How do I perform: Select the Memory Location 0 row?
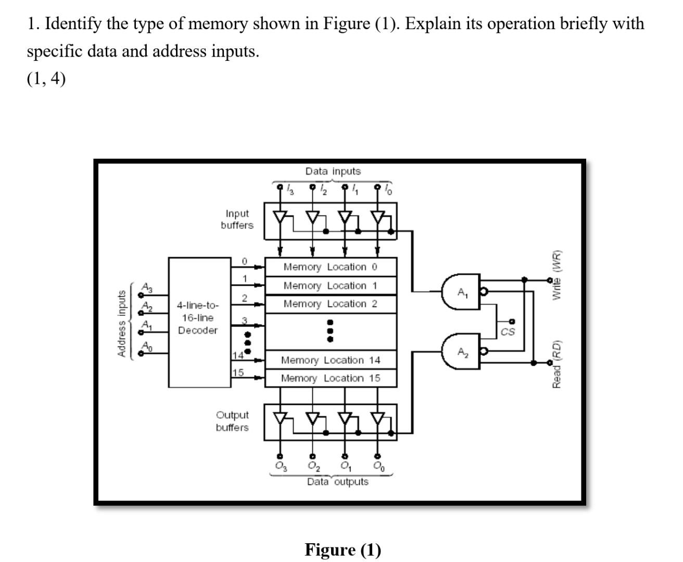[331, 267]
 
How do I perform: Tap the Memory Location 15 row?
[331, 378]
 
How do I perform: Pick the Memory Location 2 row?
[331, 304]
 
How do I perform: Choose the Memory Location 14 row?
[331, 360]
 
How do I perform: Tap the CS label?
[508, 331]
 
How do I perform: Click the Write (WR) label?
[557, 275]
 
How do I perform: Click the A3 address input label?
[147, 287]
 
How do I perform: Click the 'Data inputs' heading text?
[333, 171]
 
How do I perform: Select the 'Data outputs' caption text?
[337, 482]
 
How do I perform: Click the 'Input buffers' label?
[237, 220]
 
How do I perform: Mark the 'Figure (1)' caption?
[343, 550]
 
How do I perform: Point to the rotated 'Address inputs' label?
[122, 323]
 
